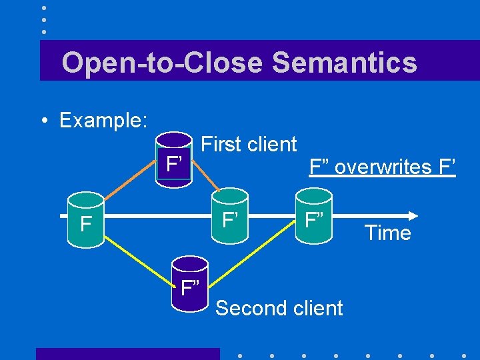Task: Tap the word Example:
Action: pos(103,121)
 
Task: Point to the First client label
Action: pos(249,144)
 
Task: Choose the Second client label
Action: pos(279,308)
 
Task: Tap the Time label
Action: pos(387,233)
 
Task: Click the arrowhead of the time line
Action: pos(413,215)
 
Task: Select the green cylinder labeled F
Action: pos(85,220)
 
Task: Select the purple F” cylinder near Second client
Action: pos(190,287)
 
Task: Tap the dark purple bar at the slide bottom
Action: pos(127,353)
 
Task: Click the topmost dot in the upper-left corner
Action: pos(43,8)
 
